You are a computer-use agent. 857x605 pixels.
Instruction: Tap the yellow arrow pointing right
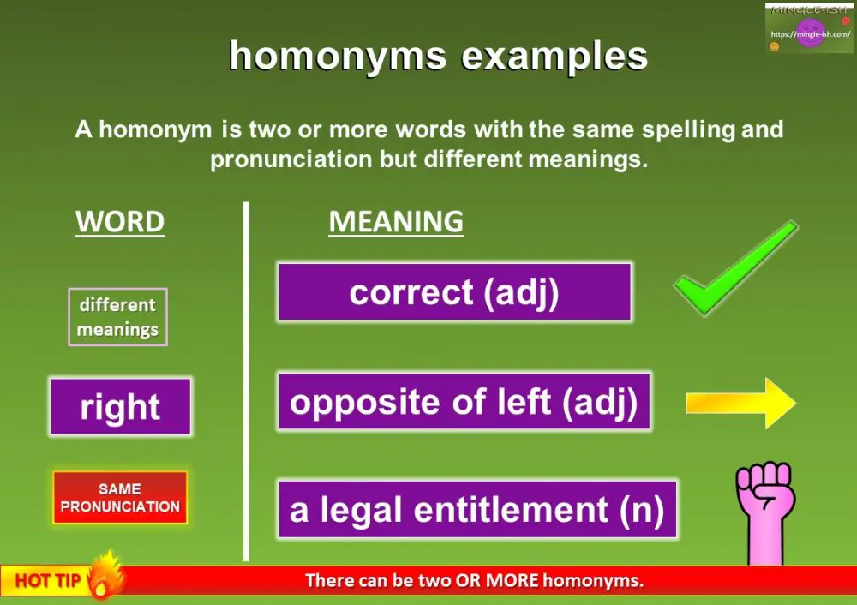click(x=741, y=404)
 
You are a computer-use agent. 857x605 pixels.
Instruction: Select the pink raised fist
click(x=765, y=511)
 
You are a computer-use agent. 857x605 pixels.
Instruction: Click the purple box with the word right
click(x=120, y=406)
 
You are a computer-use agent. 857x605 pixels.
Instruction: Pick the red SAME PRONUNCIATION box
click(x=120, y=497)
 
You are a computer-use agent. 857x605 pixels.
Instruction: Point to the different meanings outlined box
click(x=117, y=317)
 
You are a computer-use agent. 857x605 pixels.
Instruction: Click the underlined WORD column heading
click(x=120, y=223)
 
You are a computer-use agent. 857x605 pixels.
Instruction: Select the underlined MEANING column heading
click(x=396, y=223)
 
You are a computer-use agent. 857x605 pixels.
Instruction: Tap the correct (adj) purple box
click(x=455, y=292)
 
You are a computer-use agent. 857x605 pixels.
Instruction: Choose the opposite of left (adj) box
click(x=464, y=402)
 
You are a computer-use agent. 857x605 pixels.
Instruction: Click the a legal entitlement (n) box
click(x=477, y=509)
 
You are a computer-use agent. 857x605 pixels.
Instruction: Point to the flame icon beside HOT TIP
click(x=105, y=574)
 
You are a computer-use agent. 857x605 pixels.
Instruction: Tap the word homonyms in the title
click(x=338, y=57)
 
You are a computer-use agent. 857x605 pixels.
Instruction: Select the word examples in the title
click(x=554, y=57)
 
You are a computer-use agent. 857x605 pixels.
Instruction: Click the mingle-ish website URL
click(x=811, y=34)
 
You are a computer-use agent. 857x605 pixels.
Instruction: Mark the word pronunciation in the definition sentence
click(x=291, y=159)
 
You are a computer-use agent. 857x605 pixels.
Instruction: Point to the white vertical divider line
click(x=246, y=381)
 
